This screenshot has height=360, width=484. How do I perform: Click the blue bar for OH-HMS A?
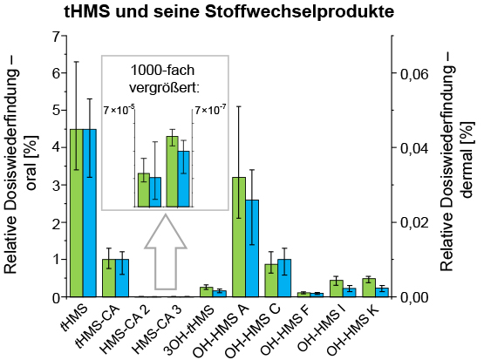point(252,248)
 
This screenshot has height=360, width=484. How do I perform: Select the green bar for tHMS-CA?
point(109,278)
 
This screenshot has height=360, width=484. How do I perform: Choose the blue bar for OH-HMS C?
point(284,278)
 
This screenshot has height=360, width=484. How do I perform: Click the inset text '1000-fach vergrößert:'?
point(165,78)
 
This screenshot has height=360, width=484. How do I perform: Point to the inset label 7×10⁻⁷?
point(209,110)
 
